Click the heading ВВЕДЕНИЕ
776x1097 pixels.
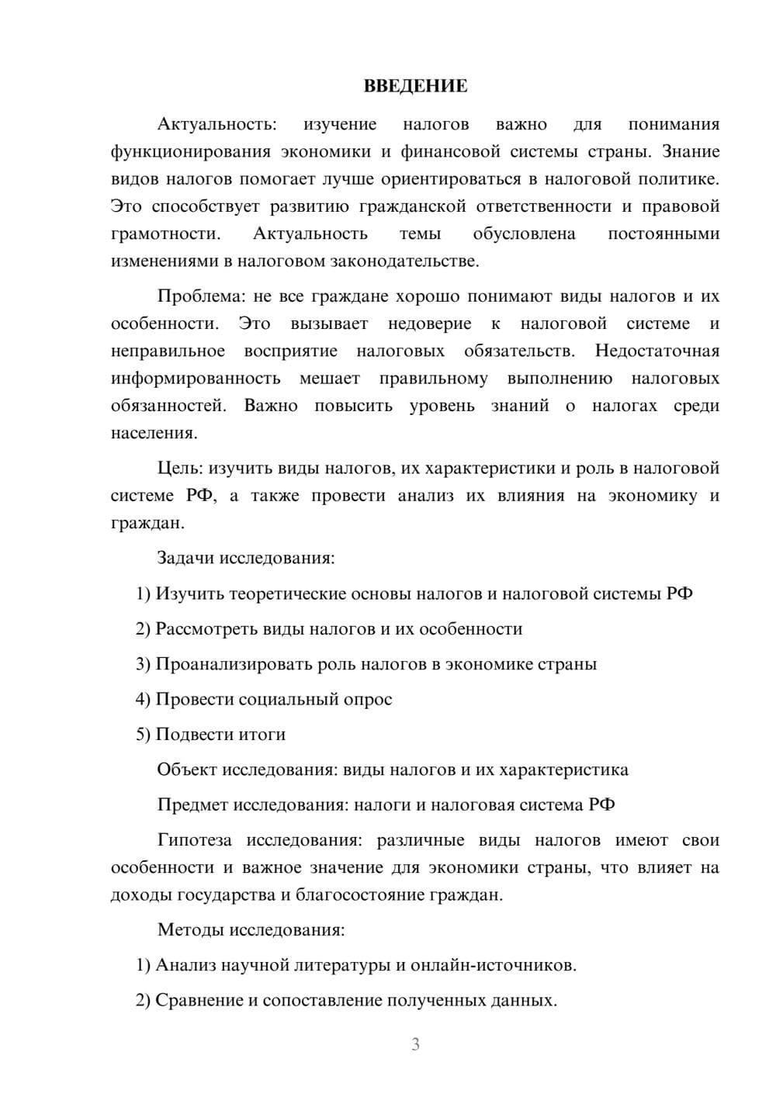click(x=415, y=86)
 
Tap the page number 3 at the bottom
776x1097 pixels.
click(x=415, y=1044)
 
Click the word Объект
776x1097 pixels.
click(x=187, y=770)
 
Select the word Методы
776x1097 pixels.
click(x=190, y=929)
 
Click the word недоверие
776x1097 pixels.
click(x=429, y=324)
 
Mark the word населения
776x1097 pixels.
click(x=154, y=433)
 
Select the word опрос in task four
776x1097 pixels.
click(x=368, y=699)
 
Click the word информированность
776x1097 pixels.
click(x=196, y=379)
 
